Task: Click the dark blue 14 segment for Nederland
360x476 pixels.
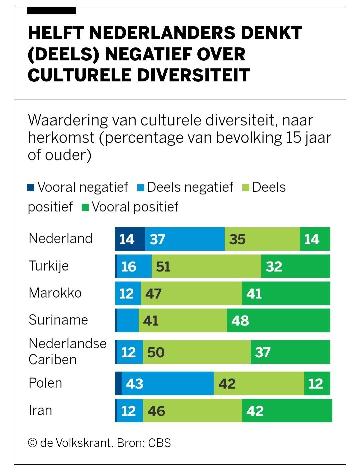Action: pyautogui.click(x=130, y=239)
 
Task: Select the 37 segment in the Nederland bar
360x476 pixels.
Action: pyautogui.click(x=185, y=239)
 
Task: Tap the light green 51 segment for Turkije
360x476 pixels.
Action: pyautogui.click(x=206, y=266)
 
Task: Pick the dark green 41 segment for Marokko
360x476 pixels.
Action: pyautogui.click(x=286, y=293)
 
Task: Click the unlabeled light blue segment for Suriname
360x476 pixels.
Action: pyautogui.click(x=128, y=320)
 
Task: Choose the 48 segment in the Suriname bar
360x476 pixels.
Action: pyautogui.click(x=278, y=320)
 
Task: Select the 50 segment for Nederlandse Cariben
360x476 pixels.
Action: pyautogui.click(x=196, y=352)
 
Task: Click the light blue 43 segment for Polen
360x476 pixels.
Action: pyautogui.click(x=168, y=383)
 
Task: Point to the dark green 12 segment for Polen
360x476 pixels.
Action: pyautogui.click(x=317, y=383)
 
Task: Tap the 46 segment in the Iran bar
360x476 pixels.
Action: pyautogui.click(x=192, y=411)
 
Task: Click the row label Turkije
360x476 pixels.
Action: pyautogui.click(x=49, y=266)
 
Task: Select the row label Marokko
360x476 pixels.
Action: pyautogui.click(x=55, y=293)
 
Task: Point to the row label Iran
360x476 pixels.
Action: pyautogui.click(x=40, y=410)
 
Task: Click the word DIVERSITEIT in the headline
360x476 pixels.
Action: pyautogui.click(x=194, y=75)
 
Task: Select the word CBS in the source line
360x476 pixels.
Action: pyautogui.click(x=159, y=443)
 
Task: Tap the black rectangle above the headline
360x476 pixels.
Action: pyautogui.click(x=51, y=11)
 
